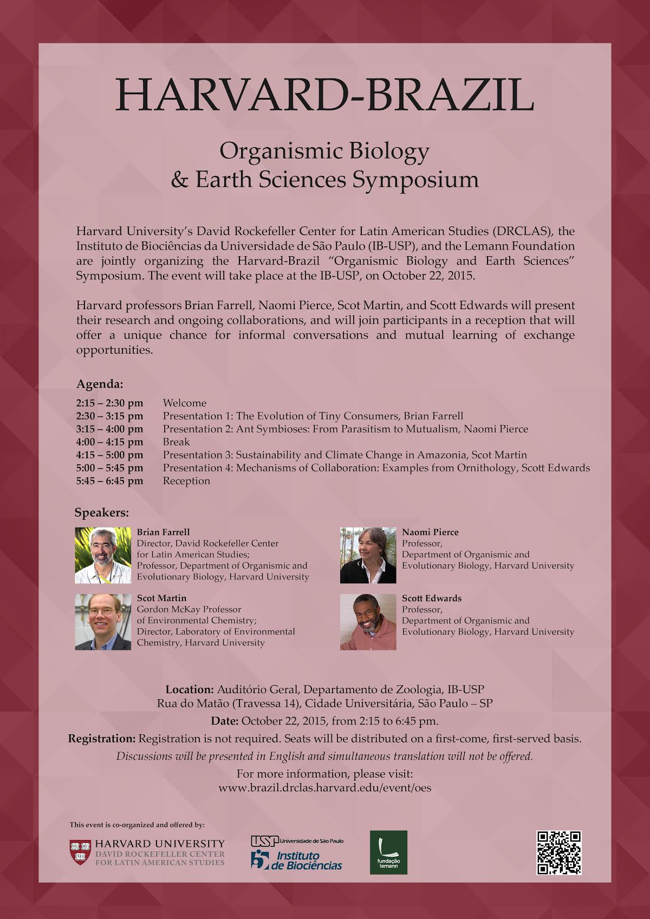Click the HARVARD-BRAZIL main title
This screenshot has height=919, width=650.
click(x=325, y=95)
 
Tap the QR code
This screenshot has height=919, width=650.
click(x=558, y=852)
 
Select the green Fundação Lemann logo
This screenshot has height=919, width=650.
click(x=388, y=852)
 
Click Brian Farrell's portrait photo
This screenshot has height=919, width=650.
click(x=103, y=556)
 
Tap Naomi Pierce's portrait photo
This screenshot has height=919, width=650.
click(x=368, y=556)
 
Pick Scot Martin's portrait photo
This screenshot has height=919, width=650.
click(x=103, y=622)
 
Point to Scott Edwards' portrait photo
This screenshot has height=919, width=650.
click(x=368, y=622)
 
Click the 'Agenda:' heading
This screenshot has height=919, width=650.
click(x=100, y=384)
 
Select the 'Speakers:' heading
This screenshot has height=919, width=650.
click(x=102, y=512)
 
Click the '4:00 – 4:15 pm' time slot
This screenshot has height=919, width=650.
click(x=110, y=442)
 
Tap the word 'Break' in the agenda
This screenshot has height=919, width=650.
click(x=176, y=442)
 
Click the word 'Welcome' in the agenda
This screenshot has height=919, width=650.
click(x=185, y=403)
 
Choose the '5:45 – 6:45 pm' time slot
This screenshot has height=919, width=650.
click(x=110, y=481)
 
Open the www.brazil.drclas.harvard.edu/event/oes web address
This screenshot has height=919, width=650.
click(x=325, y=788)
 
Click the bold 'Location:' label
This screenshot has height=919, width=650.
click(x=190, y=690)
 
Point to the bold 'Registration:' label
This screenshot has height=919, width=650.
click(x=102, y=739)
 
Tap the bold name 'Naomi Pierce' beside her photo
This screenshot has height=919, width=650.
click(x=430, y=532)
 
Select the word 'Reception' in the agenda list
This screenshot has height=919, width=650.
click(x=186, y=481)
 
